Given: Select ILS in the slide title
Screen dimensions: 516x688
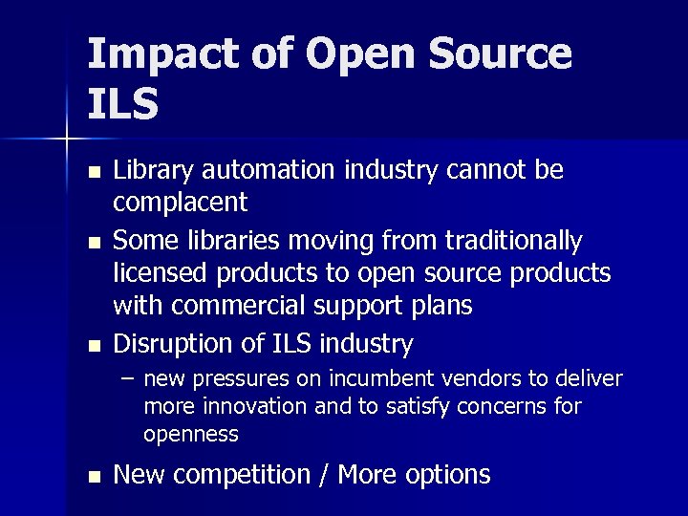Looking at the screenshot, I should (x=122, y=105).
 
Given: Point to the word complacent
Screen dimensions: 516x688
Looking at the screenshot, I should (x=180, y=203).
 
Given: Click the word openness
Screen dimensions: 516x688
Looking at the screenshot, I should (x=190, y=435).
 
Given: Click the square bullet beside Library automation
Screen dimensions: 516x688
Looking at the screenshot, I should (x=93, y=172).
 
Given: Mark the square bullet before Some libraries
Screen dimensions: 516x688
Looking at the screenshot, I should (x=93, y=241).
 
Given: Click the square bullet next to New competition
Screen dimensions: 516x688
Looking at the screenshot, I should (x=93, y=477).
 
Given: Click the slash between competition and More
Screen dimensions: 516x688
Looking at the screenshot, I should (x=325, y=475).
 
